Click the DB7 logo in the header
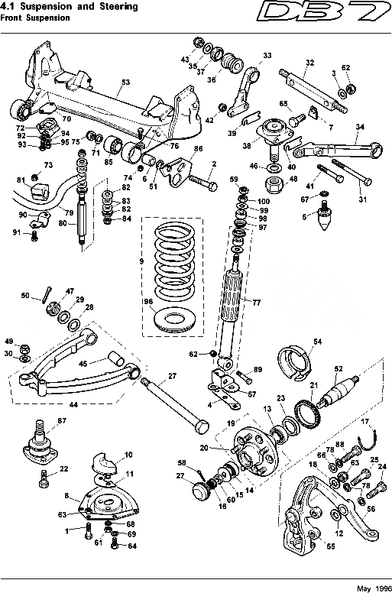(335, 15)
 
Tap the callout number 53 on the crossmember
(126, 81)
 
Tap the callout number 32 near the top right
(309, 63)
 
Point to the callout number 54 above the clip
(317, 341)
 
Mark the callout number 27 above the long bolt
(173, 375)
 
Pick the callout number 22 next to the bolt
(64, 468)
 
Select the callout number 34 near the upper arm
(360, 127)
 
